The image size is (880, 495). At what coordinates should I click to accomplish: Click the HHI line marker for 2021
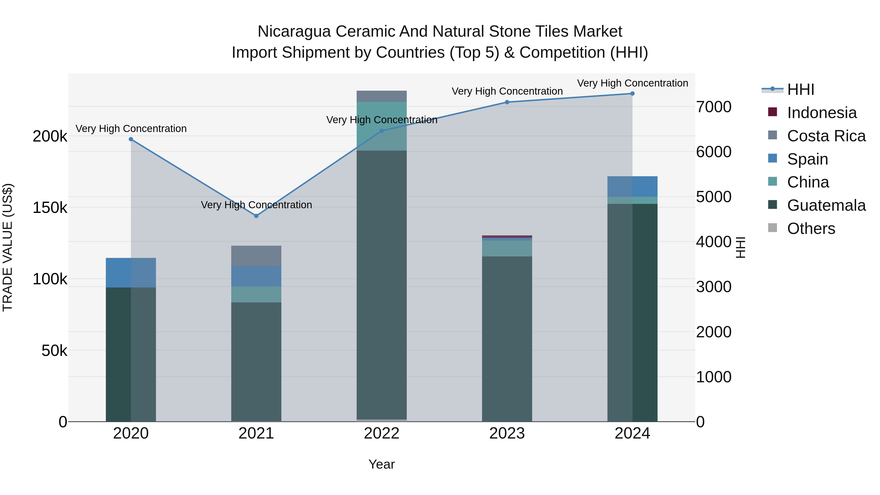256,216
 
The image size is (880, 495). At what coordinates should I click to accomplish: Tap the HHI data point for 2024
632,94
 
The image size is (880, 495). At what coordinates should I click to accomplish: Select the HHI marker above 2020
131,139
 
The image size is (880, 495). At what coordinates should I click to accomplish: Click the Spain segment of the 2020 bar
131,273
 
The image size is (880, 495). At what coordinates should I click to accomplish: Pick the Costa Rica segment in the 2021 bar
256,255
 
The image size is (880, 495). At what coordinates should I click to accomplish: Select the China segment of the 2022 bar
382,126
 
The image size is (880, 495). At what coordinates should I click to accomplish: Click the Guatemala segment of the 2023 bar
507,338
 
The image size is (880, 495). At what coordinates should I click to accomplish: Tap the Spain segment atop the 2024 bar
632,187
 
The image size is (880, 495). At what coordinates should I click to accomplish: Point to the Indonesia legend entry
822,113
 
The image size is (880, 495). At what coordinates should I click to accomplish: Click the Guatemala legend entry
826,205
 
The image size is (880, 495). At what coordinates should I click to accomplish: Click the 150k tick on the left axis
50,208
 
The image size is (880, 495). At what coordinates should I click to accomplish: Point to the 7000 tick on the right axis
714,107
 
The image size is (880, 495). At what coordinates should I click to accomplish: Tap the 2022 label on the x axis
382,433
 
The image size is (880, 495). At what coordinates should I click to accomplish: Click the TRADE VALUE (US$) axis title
8,247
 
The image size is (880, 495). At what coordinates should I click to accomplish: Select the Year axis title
382,464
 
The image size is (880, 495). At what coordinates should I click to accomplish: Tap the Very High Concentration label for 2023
507,91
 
